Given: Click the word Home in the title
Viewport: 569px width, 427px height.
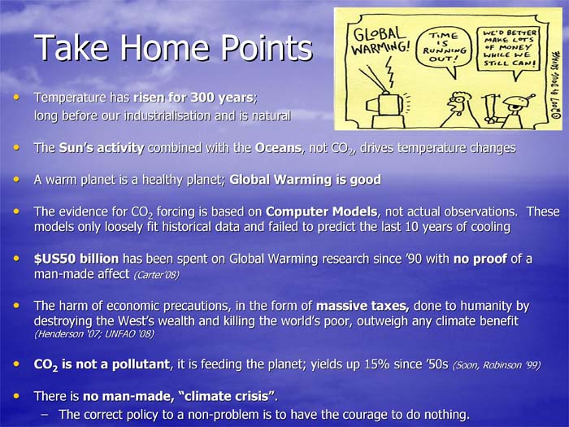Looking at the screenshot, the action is [165, 47].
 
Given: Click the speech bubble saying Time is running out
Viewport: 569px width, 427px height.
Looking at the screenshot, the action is [444, 49].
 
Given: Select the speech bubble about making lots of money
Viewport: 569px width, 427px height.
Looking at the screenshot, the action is [508, 50].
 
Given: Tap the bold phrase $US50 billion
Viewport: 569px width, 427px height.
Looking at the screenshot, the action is [76, 259].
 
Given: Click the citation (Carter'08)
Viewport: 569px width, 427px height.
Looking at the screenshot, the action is [156, 275].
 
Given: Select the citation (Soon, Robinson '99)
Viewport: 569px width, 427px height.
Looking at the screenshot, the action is [497, 364].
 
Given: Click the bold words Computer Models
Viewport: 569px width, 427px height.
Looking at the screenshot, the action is [321, 211].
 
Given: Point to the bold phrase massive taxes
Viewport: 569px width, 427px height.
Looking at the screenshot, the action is [363, 306].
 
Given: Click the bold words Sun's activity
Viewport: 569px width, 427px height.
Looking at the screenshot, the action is [102, 148].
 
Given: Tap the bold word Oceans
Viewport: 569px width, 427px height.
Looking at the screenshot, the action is [278, 148].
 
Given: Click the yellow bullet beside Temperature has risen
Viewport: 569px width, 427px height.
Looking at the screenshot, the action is [16, 98].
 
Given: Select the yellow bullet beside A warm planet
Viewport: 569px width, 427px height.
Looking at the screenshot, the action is [16, 180].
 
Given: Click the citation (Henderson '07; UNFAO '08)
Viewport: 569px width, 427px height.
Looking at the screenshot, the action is [94, 334].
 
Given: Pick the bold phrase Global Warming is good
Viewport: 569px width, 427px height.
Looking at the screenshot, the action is [305, 180].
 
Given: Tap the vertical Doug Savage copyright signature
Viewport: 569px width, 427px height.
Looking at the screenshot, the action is [556, 85].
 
